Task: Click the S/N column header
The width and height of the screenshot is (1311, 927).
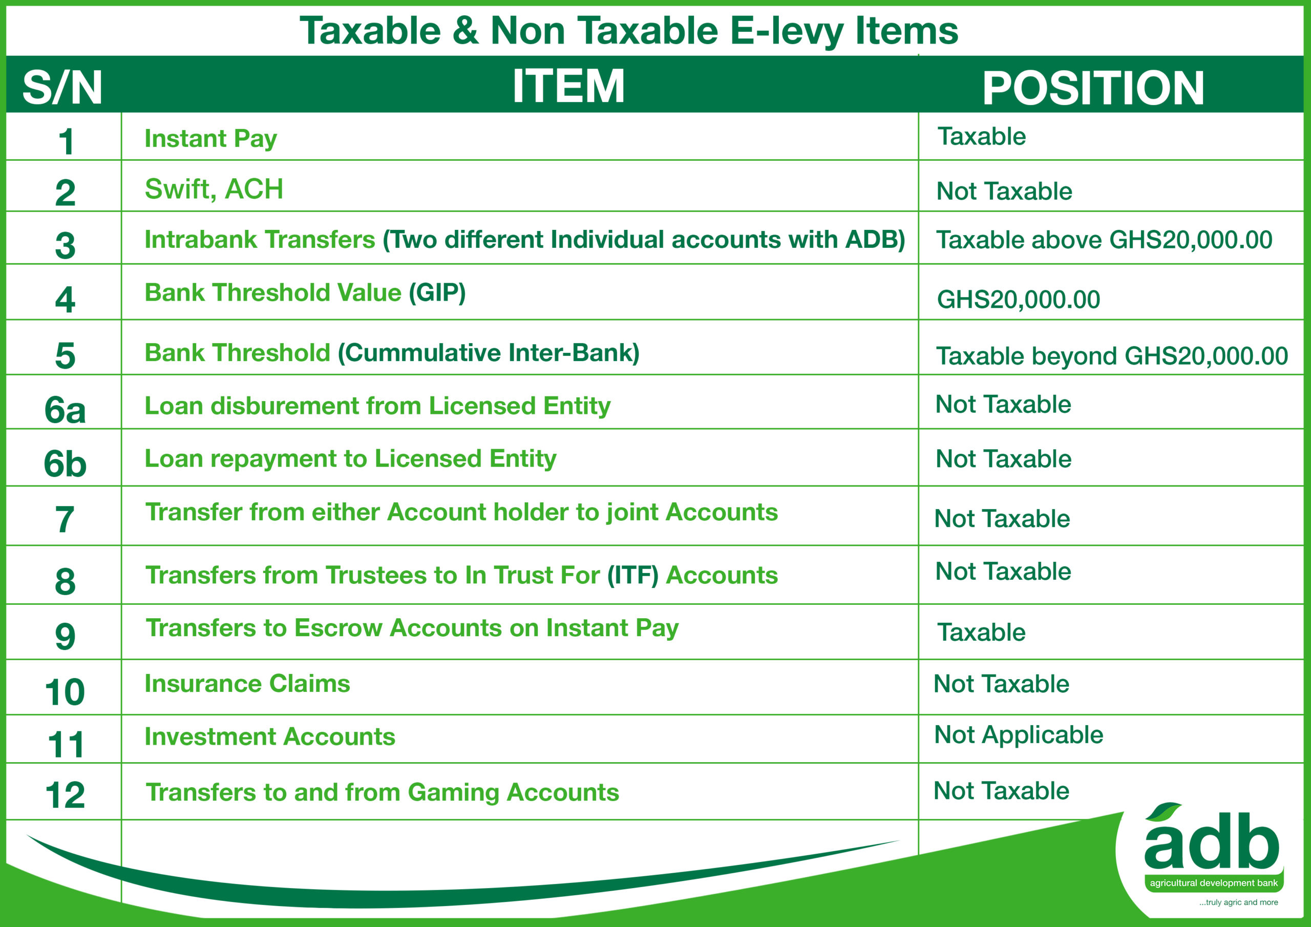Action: coord(62,88)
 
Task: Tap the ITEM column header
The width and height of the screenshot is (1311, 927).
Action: coord(568,86)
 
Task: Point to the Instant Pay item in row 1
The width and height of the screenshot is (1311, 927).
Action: coord(210,139)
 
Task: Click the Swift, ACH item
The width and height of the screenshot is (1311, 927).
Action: coord(214,189)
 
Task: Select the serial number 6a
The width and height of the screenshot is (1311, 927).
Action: coord(65,410)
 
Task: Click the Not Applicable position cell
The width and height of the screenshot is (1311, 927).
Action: coord(1019,735)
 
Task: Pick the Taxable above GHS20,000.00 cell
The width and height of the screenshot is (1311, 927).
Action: coord(1104,240)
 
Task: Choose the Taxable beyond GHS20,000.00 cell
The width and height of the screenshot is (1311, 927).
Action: coord(1112,356)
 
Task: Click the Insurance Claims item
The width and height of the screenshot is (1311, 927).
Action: coord(247,683)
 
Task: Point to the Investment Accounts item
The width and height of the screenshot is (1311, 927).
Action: coord(269,736)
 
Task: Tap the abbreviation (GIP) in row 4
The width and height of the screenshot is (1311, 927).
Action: coord(437,292)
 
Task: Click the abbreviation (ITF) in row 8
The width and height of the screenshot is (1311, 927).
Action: coord(632,575)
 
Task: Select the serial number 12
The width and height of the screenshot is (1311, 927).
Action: coord(65,794)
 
